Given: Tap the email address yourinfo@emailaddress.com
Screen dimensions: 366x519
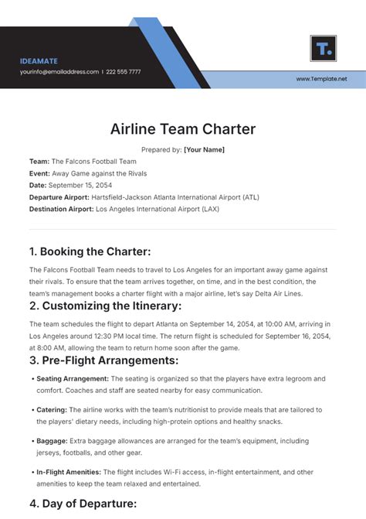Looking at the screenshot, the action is coord(59,72).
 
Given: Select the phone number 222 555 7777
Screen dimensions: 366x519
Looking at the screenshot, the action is coord(124,72).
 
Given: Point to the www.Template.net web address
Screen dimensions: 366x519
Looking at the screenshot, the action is coord(321,79).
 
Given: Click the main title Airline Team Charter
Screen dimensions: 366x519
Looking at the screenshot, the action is coord(182,129).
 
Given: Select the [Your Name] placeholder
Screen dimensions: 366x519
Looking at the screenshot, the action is coord(204,149).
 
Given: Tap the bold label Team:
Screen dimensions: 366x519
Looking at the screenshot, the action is coord(39,162).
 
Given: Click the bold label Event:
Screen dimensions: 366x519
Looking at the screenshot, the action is coord(40,173).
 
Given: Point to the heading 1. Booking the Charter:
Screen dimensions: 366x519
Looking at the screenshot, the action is coord(90,251).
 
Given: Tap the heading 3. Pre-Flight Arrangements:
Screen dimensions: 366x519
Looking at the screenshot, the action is coord(103,360).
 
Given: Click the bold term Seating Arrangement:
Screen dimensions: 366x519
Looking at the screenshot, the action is coord(73,379).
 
